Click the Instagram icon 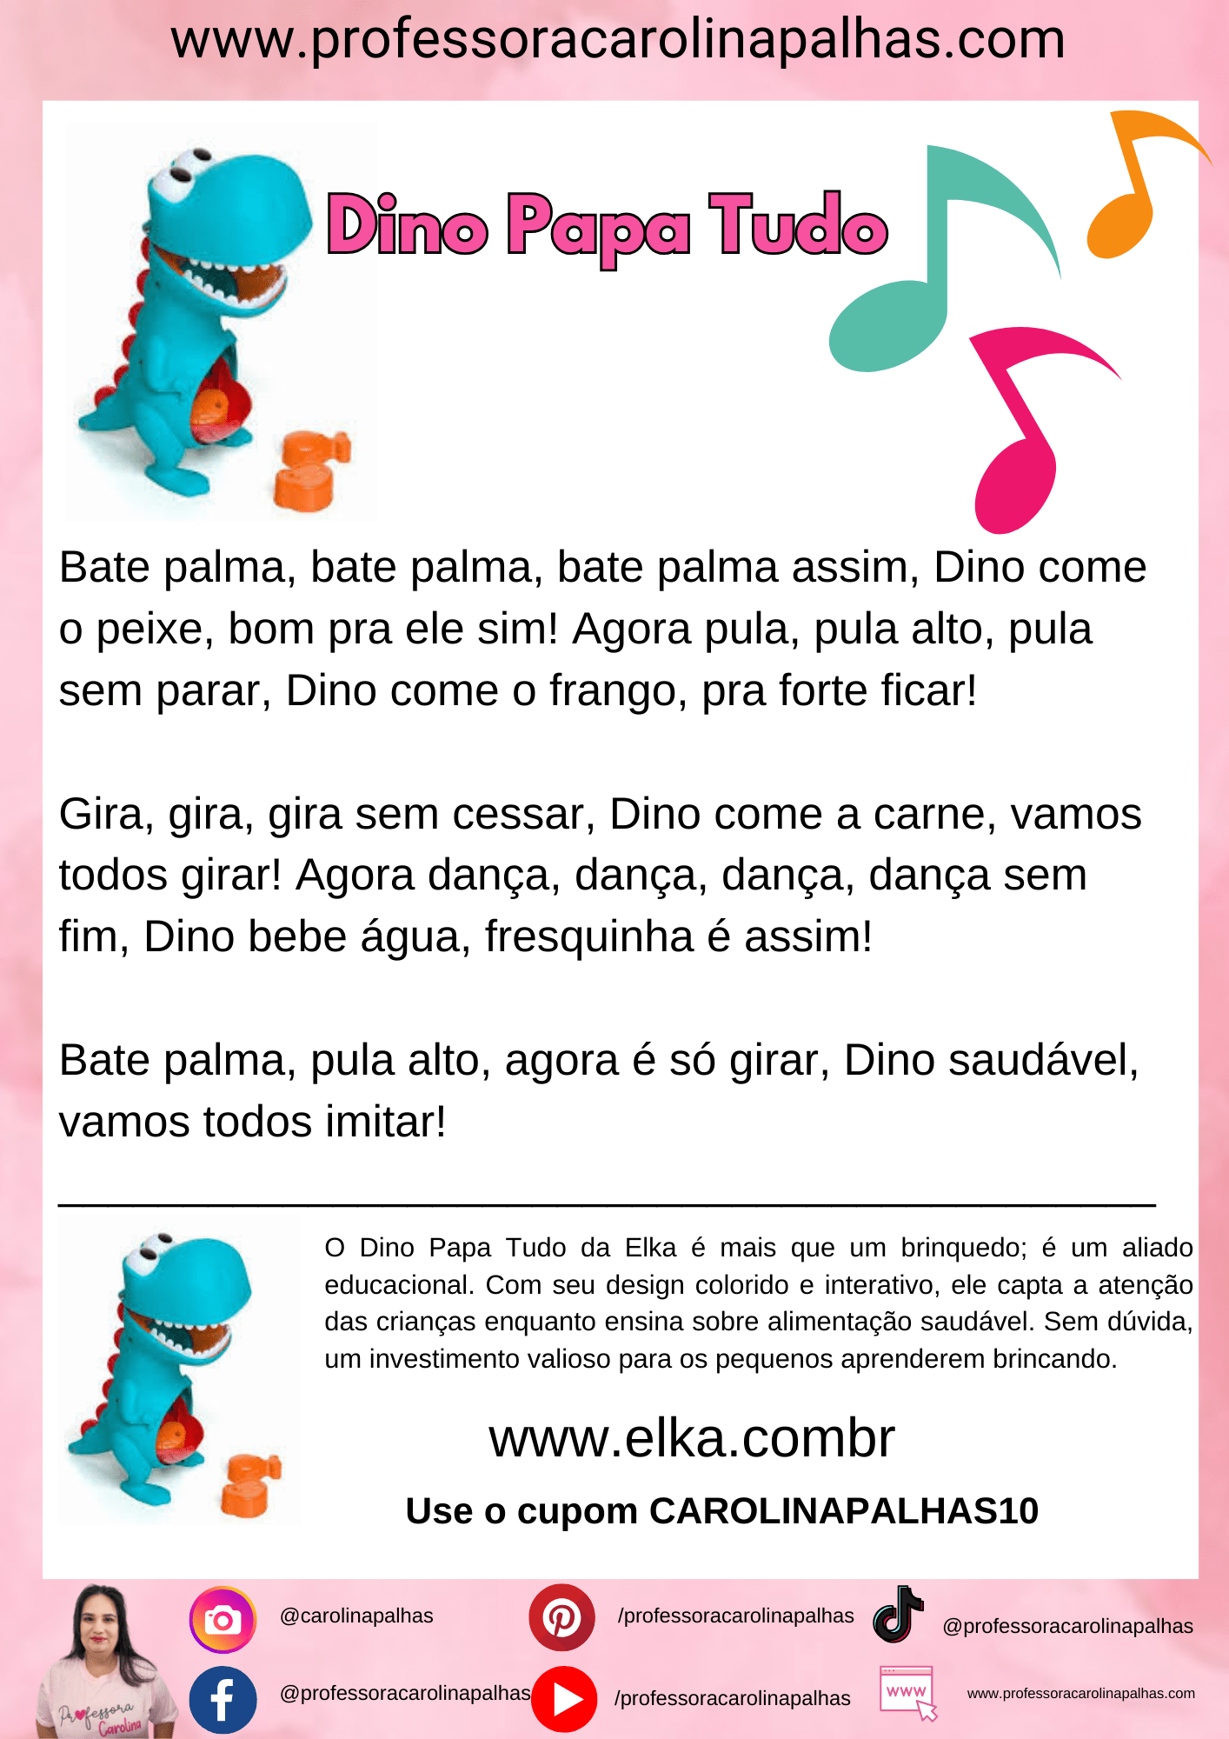point(223,1620)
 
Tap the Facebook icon point(223,1699)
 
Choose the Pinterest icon point(561,1618)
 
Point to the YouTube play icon point(565,1698)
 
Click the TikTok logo point(898,1615)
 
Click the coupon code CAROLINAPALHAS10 point(843,1511)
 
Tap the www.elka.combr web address point(691,1438)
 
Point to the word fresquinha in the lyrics point(588,937)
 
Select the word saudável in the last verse point(990,1061)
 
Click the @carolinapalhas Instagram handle point(356,1616)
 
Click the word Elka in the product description point(650,1248)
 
